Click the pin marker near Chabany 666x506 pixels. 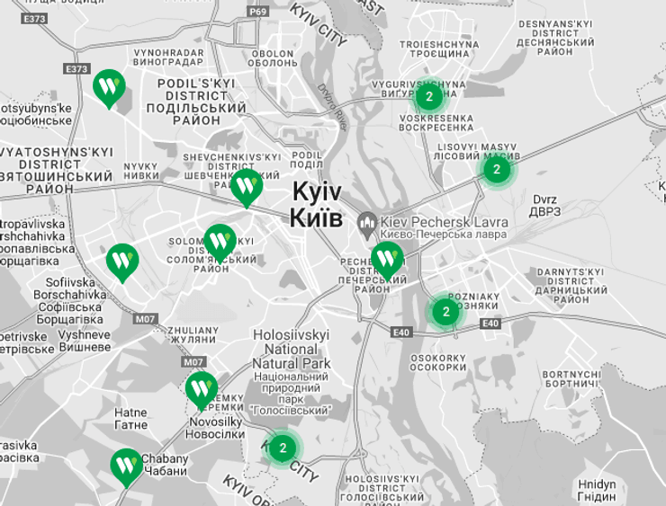click(x=126, y=465)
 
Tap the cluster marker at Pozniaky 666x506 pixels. click(x=445, y=312)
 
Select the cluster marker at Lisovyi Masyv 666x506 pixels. click(x=496, y=168)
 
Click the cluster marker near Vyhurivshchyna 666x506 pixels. click(x=429, y=96)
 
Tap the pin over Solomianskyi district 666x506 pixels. click(x=220, y=241)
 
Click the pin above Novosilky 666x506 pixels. click(x=201, y=388)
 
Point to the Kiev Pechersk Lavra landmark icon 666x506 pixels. click(x=367, y=222)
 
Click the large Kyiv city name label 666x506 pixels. click(x=317, y=205)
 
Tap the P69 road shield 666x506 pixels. click(x=258, y=11)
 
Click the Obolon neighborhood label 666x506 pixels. click(x=272, y=59)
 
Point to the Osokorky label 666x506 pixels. click(x=438, y=362)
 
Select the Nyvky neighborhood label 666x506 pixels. click(x=140, y=172)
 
